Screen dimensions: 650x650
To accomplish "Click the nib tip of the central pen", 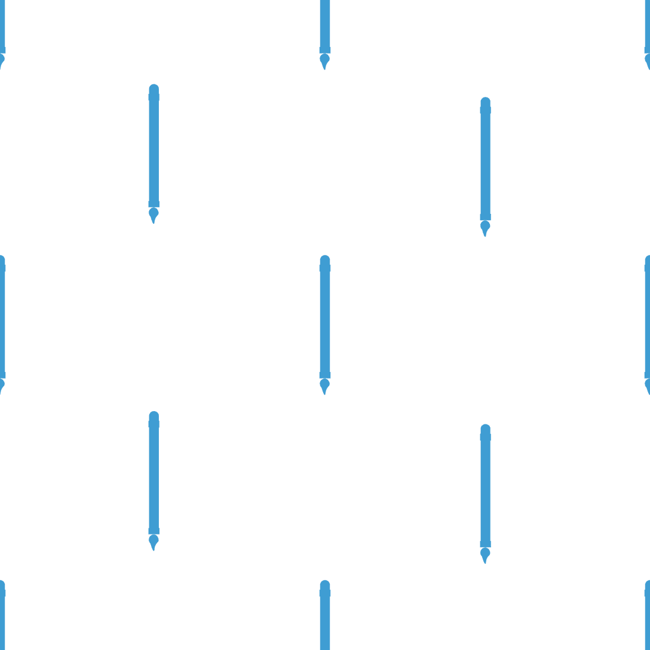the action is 324,392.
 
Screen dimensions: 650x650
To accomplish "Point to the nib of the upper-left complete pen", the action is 153,220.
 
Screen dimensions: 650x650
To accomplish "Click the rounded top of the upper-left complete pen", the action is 154,88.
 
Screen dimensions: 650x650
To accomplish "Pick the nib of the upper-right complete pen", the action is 485,233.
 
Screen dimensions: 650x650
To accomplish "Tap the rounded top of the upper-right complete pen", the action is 485,102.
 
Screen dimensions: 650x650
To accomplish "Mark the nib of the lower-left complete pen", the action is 153,546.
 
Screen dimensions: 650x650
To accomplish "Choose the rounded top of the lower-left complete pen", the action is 154,416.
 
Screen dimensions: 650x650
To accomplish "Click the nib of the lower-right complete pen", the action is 485,560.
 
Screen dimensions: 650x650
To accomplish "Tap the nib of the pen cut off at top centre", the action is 324,66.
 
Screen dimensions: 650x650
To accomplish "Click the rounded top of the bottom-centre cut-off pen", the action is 325,584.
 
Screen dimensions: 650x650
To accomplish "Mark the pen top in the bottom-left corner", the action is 2,585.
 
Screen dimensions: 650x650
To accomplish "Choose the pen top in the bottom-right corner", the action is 648,585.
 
